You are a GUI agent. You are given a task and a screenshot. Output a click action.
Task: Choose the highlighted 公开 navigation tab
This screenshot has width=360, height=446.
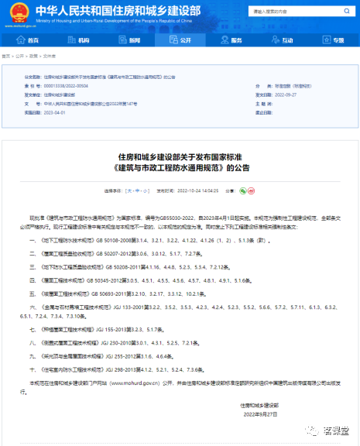[x=180, y=39]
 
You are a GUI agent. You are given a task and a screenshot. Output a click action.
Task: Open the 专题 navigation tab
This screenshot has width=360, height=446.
[x=333, y=39]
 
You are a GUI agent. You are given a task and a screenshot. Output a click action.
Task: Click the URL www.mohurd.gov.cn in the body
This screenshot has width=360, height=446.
[x=122, y=383]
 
